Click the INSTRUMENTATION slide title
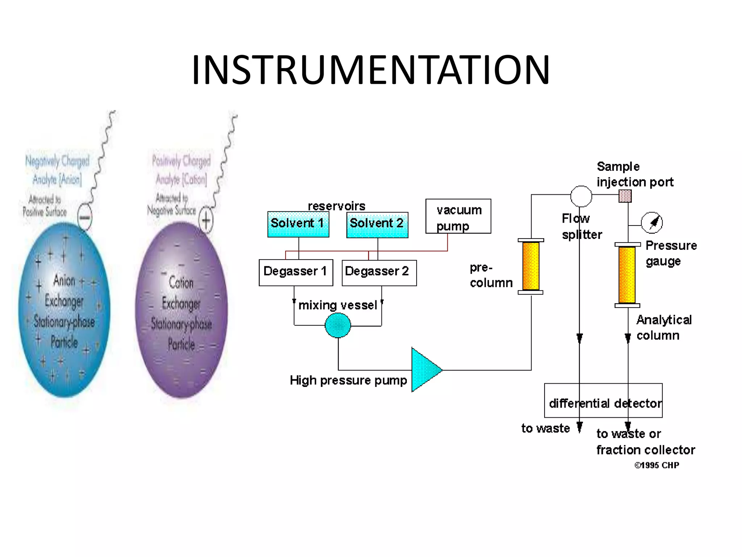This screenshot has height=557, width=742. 371,70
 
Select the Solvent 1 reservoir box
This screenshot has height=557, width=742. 298,224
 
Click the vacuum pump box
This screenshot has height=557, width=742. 458,216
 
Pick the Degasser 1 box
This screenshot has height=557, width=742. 296,272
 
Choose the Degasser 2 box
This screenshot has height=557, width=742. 379,273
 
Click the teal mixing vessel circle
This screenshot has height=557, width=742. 338,325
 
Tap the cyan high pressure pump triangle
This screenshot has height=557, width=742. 425,370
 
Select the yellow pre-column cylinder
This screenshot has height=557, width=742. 531,266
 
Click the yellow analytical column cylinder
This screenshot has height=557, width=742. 627,275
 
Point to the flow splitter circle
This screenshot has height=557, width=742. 581,196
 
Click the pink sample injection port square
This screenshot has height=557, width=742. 625,196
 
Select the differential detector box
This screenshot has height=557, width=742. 603,400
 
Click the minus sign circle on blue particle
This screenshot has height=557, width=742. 85,218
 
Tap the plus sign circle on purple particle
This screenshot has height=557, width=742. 206,220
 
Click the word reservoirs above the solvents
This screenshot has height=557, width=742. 336,206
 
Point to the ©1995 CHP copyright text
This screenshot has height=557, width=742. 656,465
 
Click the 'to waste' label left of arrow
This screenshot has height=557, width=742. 545,428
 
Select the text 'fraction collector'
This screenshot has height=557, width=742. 646,450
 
